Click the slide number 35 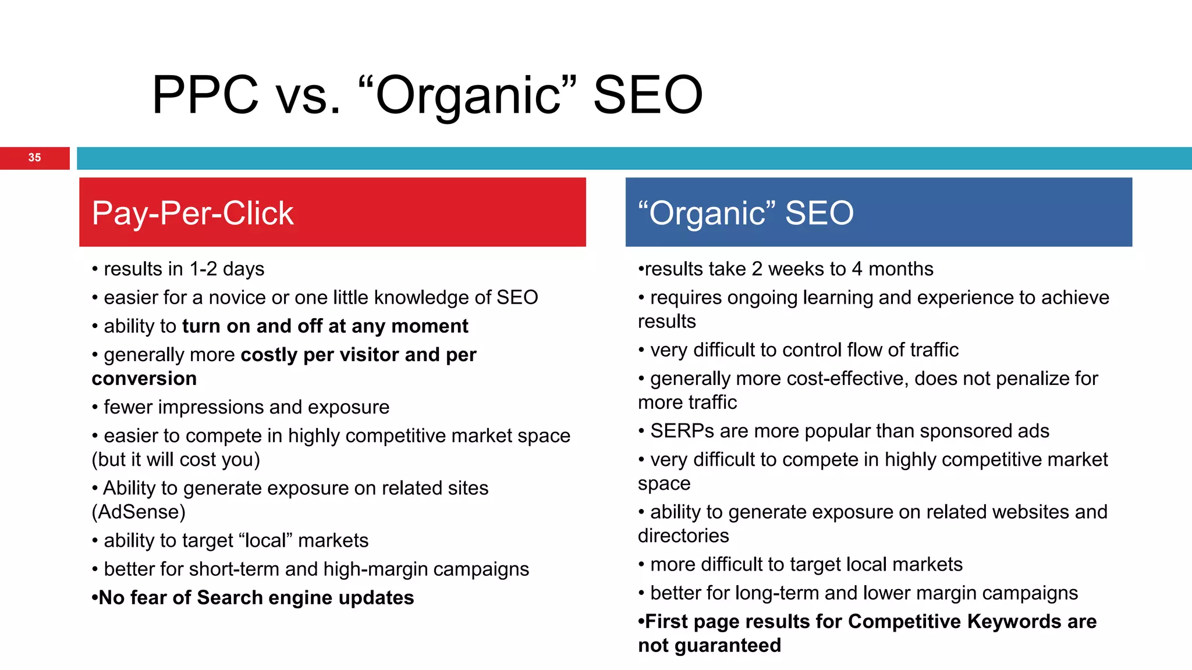[x=34, y=158]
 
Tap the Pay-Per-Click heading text [x=193, y=213]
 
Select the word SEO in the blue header [x=819, y=213]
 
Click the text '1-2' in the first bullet [x=203, y=269]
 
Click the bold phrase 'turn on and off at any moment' [x=325, y=326]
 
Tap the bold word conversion [x=144, y=379]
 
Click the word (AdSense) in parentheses [x=139, y=512]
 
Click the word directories [x=683, y=536]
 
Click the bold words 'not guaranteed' [x=709, y=646]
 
